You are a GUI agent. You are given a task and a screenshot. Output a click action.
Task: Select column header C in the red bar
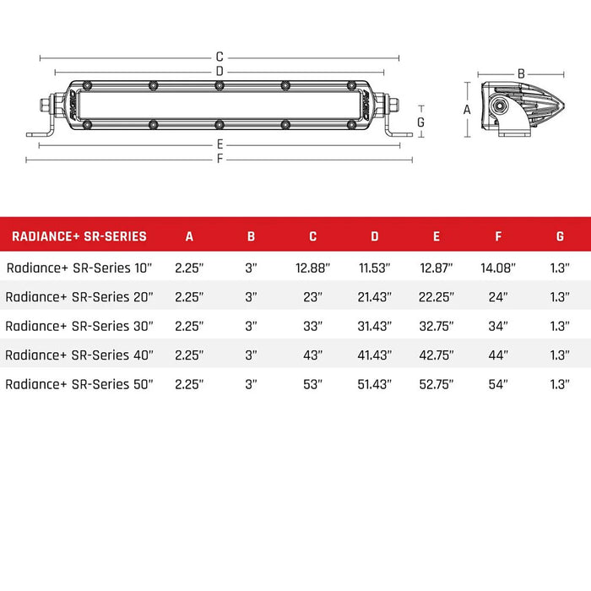pyautogui.click(x=312, y=236)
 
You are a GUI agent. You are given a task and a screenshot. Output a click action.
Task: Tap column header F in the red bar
pyautogui.click(x=498, y=236)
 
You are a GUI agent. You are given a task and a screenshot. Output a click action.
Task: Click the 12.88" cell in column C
pyautogui.click(x=312, y=268)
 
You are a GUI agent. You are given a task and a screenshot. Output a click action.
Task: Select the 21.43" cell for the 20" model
pyautogui.click(x=374, y=296)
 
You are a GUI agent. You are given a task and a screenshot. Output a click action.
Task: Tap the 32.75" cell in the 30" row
pyautogui.click(x=436, y=326)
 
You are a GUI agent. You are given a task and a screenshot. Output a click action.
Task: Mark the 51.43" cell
pyautogui.click(x=374, y=383)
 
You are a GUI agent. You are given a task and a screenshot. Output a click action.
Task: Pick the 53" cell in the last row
pyautogui.click(x=312, y=383)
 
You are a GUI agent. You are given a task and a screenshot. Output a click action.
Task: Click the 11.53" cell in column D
pyautogui.click(x=374, y=268)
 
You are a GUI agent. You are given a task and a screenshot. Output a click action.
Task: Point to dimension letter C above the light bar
pyautogui.click(x=220, y=57)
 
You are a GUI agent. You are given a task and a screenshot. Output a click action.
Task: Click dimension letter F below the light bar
pyautogui.click(x=220, y=159)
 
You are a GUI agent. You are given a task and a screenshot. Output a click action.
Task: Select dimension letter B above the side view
pyautogui.click(x=521, y=73)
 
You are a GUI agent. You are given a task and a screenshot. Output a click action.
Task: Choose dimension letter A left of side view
pyautogui.click(x=467, y=109)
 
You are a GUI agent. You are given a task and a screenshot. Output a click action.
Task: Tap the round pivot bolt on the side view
pyautogui.click(x=502, y=107)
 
